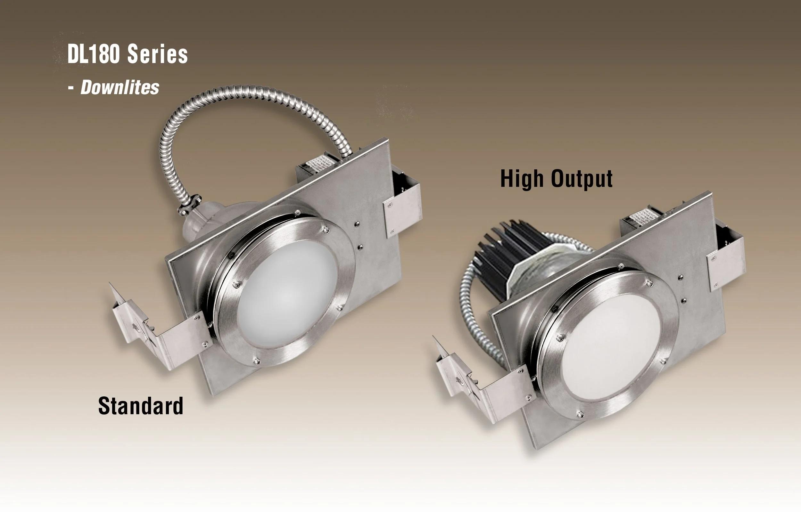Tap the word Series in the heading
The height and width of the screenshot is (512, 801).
[157, 54]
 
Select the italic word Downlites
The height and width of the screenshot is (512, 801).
[120, 87]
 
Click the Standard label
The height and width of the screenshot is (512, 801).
[140, 406]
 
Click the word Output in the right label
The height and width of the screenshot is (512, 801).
[582, 179]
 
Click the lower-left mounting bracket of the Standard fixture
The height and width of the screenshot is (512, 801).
[160, 332]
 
